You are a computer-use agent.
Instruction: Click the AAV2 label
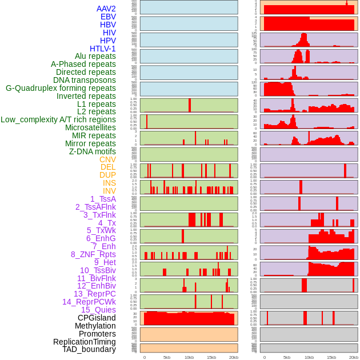point(106,9)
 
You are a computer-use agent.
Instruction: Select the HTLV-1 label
point(102,49)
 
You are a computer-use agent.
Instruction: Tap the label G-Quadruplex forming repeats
point(61,88)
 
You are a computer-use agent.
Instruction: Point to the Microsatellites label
point(90,127)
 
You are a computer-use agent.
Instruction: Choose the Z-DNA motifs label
point(92,151)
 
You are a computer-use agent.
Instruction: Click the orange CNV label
point(107,159)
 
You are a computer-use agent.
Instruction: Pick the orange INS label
point(109,183)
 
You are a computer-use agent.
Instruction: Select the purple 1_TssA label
point(103,199)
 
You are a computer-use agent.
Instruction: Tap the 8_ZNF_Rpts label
point(93,254)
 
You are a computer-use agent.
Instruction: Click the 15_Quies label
point(98,310)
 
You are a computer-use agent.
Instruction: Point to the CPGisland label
point(97,318)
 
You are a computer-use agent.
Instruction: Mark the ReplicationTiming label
point(84,342)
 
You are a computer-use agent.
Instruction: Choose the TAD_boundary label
point(89,349)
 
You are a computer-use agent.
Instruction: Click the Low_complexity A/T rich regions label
point(58,119)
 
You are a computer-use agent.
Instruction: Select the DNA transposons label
point(85,80)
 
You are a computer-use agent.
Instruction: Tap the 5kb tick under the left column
point(167,357)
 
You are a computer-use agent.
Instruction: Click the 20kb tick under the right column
point(354,357)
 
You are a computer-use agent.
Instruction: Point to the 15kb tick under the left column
point(211,357)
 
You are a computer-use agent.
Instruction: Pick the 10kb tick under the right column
point(309,357)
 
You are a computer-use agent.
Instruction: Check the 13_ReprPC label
point(94,294)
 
